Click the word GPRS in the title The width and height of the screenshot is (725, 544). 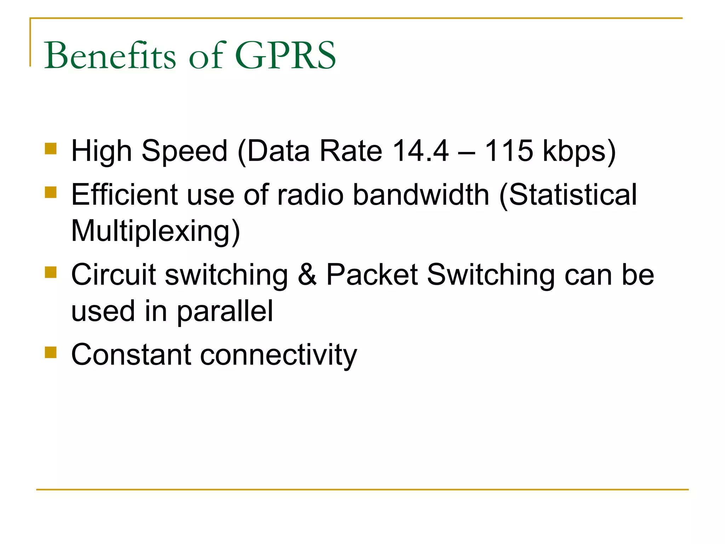point(285,56)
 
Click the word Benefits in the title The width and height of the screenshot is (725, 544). point(110,56)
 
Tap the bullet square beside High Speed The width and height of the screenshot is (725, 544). point(51,149)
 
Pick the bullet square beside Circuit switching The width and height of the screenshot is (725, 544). point(51,272)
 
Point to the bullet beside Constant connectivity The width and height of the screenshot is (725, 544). point(51,352)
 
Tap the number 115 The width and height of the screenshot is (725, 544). point(508,151)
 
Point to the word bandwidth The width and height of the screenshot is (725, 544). point(421,194)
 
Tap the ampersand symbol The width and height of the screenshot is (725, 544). point(307,274)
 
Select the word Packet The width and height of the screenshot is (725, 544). point(372,274)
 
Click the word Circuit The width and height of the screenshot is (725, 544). point(114,274)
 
